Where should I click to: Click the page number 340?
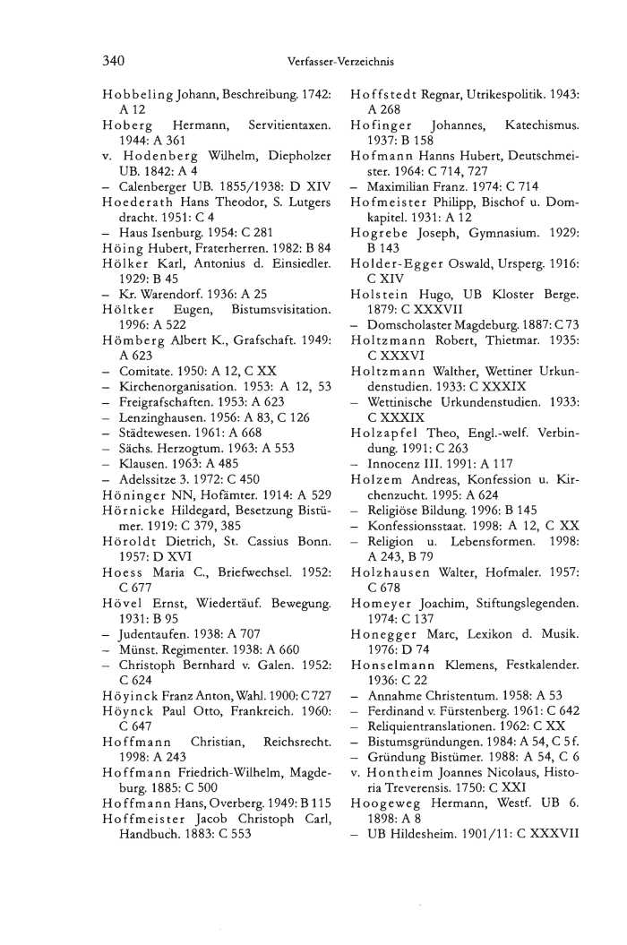click(x=114, y=61)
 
